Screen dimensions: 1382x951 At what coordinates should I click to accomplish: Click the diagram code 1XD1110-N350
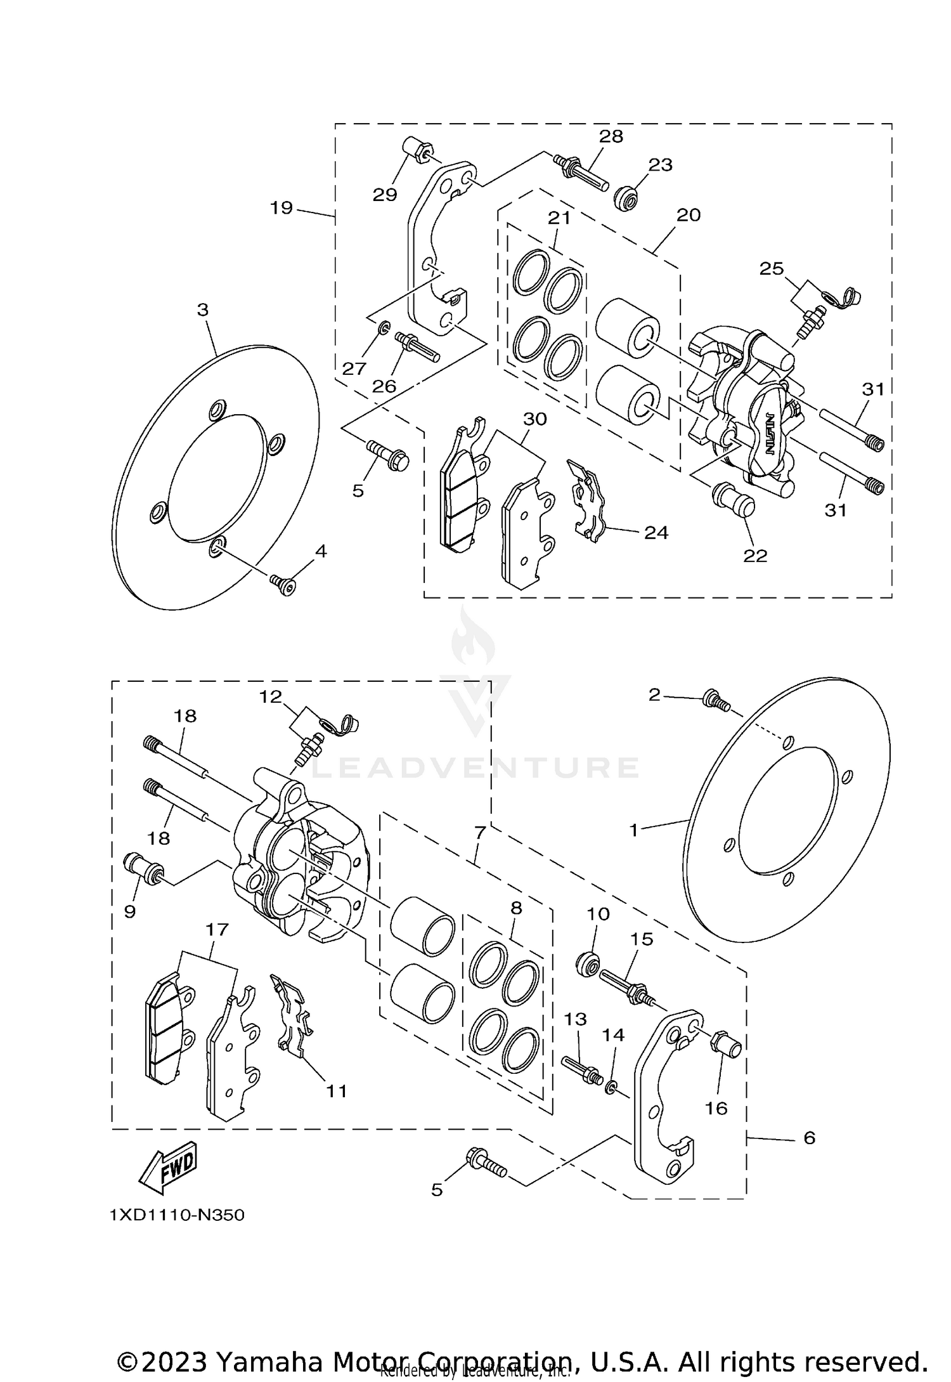point(177,1215)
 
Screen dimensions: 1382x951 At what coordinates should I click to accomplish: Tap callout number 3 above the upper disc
point(202,310)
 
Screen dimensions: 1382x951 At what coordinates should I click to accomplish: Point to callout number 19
point(281,207)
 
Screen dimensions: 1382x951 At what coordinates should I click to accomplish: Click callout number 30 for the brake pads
point(534,419)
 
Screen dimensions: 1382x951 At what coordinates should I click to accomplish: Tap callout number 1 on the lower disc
point(633,830)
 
